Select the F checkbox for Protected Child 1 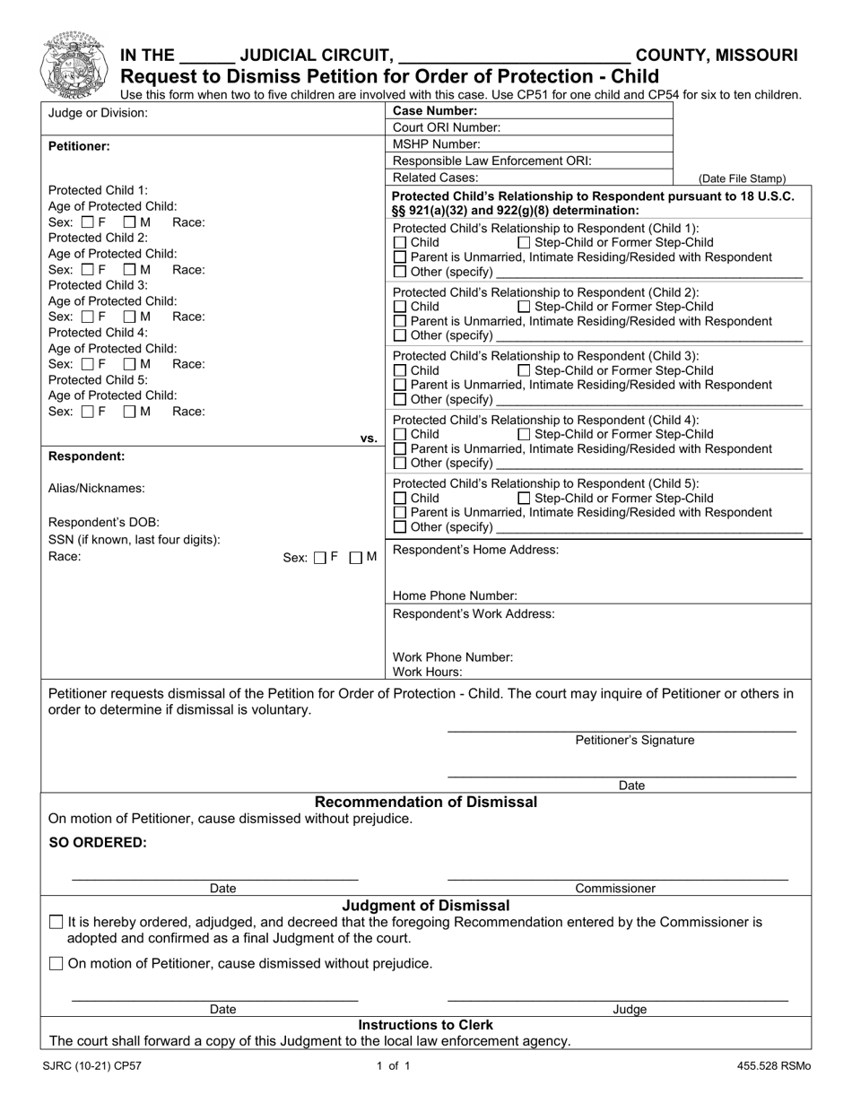88,221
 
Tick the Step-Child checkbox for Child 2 524,308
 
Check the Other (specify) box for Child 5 400,527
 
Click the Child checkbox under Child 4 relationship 400,435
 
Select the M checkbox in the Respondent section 356,558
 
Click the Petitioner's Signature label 634,741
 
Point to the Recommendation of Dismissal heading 426,802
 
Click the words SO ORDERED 97,842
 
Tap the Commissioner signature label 615,889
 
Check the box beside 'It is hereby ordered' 57,922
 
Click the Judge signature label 630,1010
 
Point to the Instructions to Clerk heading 425,1025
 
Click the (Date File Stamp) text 742,178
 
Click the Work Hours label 428,672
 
